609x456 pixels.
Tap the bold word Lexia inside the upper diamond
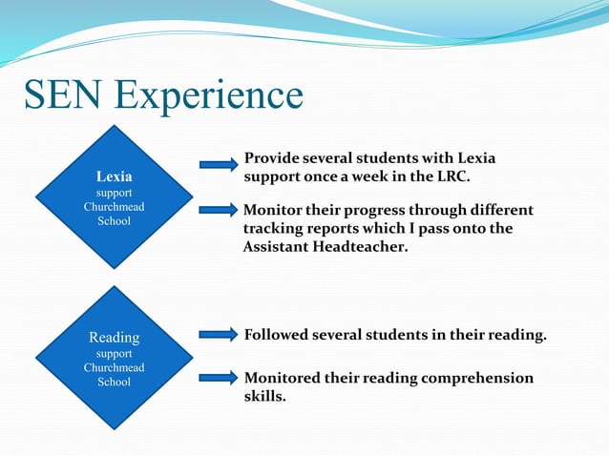[115, 176]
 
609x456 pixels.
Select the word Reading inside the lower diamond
[115, 338]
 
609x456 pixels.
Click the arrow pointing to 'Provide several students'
[219, 165]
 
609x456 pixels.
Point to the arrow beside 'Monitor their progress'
[219, 210]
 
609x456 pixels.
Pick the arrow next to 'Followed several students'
[219, 335]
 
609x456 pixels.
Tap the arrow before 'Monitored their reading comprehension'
[219, 379]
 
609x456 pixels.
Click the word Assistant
[278, 247]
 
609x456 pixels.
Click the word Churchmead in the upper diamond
[115, 206]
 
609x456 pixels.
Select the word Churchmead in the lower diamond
[115, 367]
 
